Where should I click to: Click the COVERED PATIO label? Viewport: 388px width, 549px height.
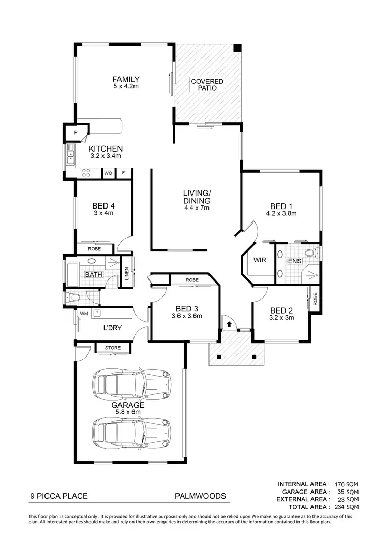click(x=207, y=85)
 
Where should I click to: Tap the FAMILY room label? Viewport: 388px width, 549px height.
click(x=127, y=79)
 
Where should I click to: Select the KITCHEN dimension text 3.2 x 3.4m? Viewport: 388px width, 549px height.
click(x=106, y=155)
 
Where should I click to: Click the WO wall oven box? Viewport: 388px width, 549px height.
click(x=109, y=173)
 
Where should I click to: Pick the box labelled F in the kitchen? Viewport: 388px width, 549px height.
click(x=123, y=173)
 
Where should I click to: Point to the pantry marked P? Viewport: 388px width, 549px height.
click(x=76, y=133)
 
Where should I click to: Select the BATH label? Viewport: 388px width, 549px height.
click(x=94, y=274)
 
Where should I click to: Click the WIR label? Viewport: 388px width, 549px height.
click(x=260, y=260)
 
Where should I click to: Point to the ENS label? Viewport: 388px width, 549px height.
click(x=294, y=261)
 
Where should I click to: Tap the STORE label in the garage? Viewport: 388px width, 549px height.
click(x=113, y=348)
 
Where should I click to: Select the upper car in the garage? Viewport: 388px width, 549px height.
click(x=132, y=383)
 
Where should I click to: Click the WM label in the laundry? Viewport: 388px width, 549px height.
click(x=84, y=314)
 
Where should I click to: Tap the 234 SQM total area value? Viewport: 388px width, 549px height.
click(x=347, y=507)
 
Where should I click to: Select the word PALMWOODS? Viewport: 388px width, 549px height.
click(x=200, y=496)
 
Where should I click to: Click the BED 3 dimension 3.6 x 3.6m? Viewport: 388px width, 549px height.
click(x=186, y=316)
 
